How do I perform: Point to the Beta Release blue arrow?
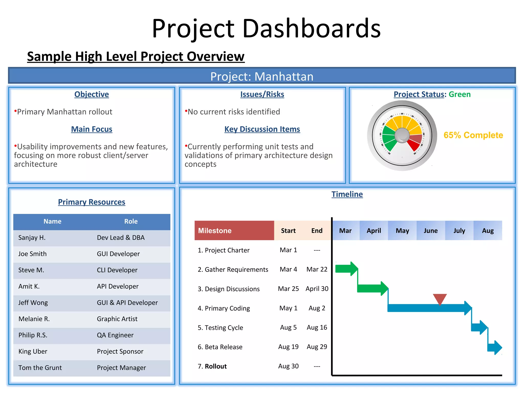tap(495, 347)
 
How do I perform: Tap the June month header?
tap(431, 231)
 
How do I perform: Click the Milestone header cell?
tap(234, 231)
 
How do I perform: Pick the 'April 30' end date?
tap(317, 289)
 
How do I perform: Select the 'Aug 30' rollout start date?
tap(288, 366)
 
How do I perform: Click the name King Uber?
tap(33, 351)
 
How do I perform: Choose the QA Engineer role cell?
tap(115, 335)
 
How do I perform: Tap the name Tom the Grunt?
tap(40, 368)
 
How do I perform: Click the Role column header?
tap(131, 221)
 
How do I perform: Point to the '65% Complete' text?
tap(473, 135)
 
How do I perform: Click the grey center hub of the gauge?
tap(402, 135)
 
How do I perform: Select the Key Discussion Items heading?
tap(262, 129)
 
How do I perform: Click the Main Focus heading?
tap(92, 129)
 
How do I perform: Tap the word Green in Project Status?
tap(460, 94)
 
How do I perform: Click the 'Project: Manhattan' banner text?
tap(262, 76)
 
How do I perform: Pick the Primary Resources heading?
tap(92, 202)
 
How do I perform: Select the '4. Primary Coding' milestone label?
tap(224, 308)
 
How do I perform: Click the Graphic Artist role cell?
tap(117, 319)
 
